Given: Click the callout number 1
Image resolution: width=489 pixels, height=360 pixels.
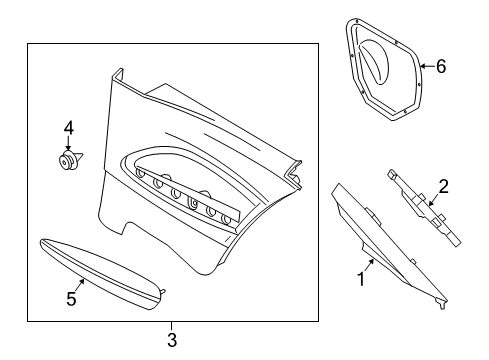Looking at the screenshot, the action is (x=361, y=279).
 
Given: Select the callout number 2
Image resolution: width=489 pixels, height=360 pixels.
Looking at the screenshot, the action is (x=443, y=186).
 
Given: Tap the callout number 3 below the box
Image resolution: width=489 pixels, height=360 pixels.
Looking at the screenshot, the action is (x=172, y=340).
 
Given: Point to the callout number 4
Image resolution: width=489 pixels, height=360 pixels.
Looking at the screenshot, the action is (x=69, y=128).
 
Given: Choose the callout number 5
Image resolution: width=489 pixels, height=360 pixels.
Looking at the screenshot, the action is (x=71, y=298).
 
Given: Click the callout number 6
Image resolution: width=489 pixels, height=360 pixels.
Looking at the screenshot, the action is (x=441, y=66).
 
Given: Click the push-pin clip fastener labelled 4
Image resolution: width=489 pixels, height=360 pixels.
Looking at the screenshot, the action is (x=69, y=160).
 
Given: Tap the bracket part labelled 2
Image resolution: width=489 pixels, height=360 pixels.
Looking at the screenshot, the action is (x=424, y=207).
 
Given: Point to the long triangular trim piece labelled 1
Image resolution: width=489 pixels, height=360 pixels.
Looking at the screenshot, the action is (x=387, y=243).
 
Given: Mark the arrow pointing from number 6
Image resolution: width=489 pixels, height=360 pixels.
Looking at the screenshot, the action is (x=427, y=66).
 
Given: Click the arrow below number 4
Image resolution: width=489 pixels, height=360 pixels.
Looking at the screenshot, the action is (x=68, y=143).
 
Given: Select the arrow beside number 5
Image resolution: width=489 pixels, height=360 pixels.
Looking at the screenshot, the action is (x=79, y=285).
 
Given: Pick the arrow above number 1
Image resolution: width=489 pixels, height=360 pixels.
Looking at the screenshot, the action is (x=369, y=265).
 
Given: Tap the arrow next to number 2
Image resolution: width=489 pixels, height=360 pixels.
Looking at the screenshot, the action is (x=434, y=201).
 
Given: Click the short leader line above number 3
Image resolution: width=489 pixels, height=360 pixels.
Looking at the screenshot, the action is (x=172, y=326).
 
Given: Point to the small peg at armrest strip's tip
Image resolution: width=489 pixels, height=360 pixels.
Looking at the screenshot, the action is (x=162, y=292).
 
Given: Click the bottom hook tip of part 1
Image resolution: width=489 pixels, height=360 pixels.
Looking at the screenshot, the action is (x=443, y=307).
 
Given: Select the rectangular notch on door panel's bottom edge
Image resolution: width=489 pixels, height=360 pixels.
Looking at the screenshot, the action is (x=133, y=228).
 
